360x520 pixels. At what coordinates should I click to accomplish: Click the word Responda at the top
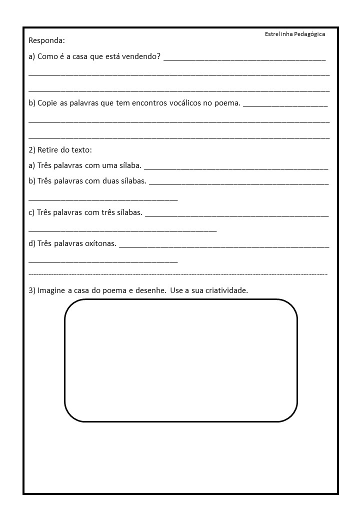[x=47, y=40]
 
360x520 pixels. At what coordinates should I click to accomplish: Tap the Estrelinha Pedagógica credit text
[x=295, y=34]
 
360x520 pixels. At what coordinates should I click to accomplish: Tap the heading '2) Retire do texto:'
[x=60, y=149]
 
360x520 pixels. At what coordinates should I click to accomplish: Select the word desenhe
[x=151, y=290]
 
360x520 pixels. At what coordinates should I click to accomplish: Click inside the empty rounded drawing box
[x=180, y=360]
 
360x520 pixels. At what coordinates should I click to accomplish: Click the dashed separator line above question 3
[x=178, y=274]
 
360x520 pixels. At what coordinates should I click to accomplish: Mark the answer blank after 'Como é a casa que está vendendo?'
[x=244, y=59]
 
